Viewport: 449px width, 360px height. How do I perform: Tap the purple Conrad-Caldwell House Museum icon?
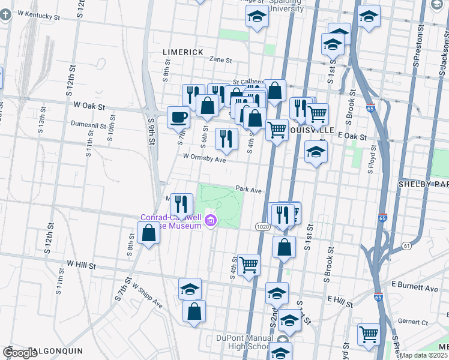point(210,221)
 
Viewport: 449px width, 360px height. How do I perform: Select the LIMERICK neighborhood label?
point(183,52)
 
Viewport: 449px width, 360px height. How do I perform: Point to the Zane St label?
point(220,59)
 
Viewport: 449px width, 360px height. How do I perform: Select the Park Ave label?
point(249,189)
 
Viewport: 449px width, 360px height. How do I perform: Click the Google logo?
point(20,353)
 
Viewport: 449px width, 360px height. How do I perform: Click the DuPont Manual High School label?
point(243,341)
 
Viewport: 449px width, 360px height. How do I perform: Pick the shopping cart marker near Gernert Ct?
point(368,334)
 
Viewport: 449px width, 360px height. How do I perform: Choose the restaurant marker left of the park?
point(181,203)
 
